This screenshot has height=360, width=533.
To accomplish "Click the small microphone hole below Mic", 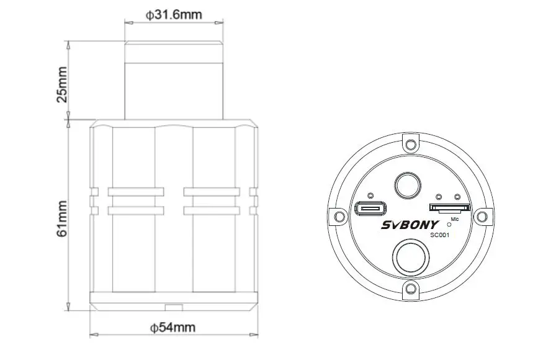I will pos(449,224).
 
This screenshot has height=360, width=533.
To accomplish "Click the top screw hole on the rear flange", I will pos(410,145).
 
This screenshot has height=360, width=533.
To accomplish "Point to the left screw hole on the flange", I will pos(339,216).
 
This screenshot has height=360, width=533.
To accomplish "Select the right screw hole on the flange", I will pos(481,216).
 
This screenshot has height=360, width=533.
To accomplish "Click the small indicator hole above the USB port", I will pos(370,195).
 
